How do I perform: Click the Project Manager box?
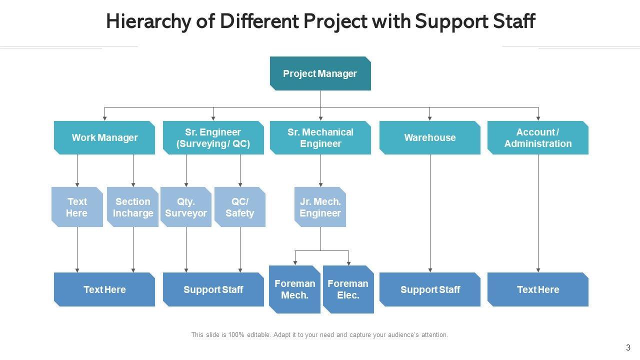[320, 73]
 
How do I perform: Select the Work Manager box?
[104, 137]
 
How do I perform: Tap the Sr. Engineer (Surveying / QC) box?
[213, 137]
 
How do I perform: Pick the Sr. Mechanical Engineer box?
[320, 137]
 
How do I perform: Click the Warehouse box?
[429, 137]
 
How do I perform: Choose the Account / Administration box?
[537, 137]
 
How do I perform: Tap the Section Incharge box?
[133, 207]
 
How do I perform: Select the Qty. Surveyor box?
[186, 207]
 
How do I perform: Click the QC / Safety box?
[240, 207]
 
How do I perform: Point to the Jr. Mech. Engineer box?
[320, 207]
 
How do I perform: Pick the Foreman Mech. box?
[294, 289]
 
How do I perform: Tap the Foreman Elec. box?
[348, 289]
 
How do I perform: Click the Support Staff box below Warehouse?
[429, 289]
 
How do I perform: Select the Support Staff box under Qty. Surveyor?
[213, 289]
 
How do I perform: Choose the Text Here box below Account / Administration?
[537, 289]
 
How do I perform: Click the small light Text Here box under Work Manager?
[77, 207]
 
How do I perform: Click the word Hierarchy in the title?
[148, 21]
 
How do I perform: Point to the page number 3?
[628, 347]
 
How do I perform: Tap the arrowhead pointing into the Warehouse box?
[429, 118]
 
